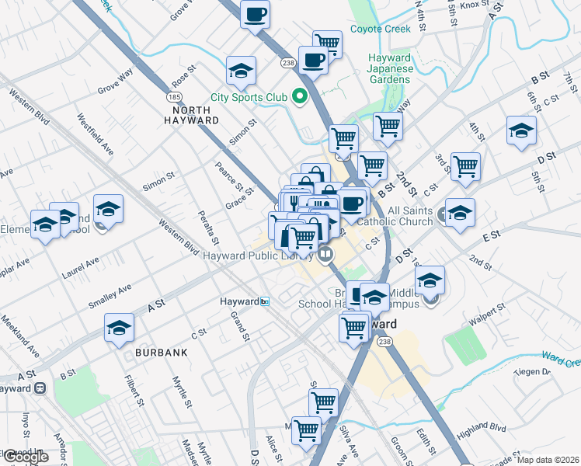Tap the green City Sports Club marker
(x=299, y=98)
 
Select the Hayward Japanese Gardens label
(x=389, y=69)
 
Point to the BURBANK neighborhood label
(x=161, y=353)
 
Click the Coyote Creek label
(x=380, y=29)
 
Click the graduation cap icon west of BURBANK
(x=119, y=329)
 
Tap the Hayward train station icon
(x=265, y=301)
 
